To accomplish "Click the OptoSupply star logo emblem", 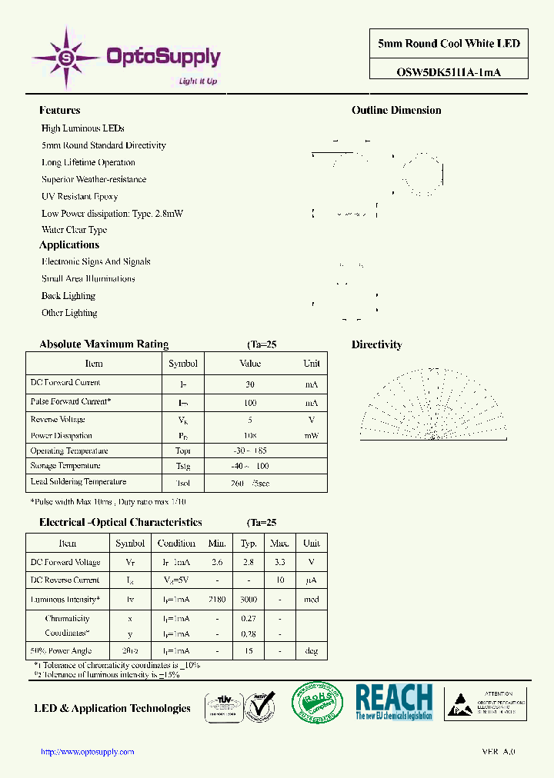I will (x=67, y=56).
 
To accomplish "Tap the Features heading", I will (x=59, y=110).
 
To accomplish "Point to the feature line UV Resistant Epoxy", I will (x=79, y=196).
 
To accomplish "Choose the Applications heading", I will (x=69, y=244).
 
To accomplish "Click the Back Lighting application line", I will (x=68, y=296).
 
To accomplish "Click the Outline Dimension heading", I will (x=396, y=110).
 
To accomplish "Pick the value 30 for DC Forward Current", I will (x=250, y=384).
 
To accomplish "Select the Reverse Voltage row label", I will (x=58, y=420).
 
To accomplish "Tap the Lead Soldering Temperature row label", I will (x=78, y=482).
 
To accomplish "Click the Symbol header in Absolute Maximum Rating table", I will (x=183, y=364).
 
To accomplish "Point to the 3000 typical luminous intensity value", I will (x=249, y=600).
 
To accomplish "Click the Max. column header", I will (x=280, y=544).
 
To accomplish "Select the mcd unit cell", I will (x=312, y=600).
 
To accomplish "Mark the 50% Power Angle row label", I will (x=61, y=651).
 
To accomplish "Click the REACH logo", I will (x=394, y=702).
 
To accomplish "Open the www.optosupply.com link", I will (x=87, y=752).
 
